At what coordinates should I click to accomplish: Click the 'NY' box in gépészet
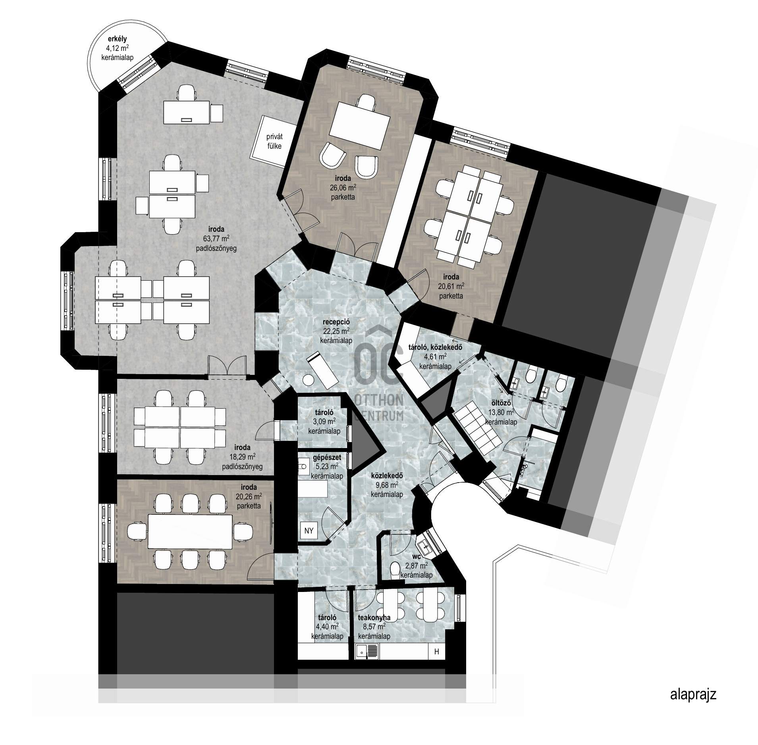pyautogui.click(x=309, y=530)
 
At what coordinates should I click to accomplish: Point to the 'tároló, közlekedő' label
pyautogui.click(x=435, y=348)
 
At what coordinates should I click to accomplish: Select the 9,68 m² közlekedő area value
pyautogui.click(x=387, y=485)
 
